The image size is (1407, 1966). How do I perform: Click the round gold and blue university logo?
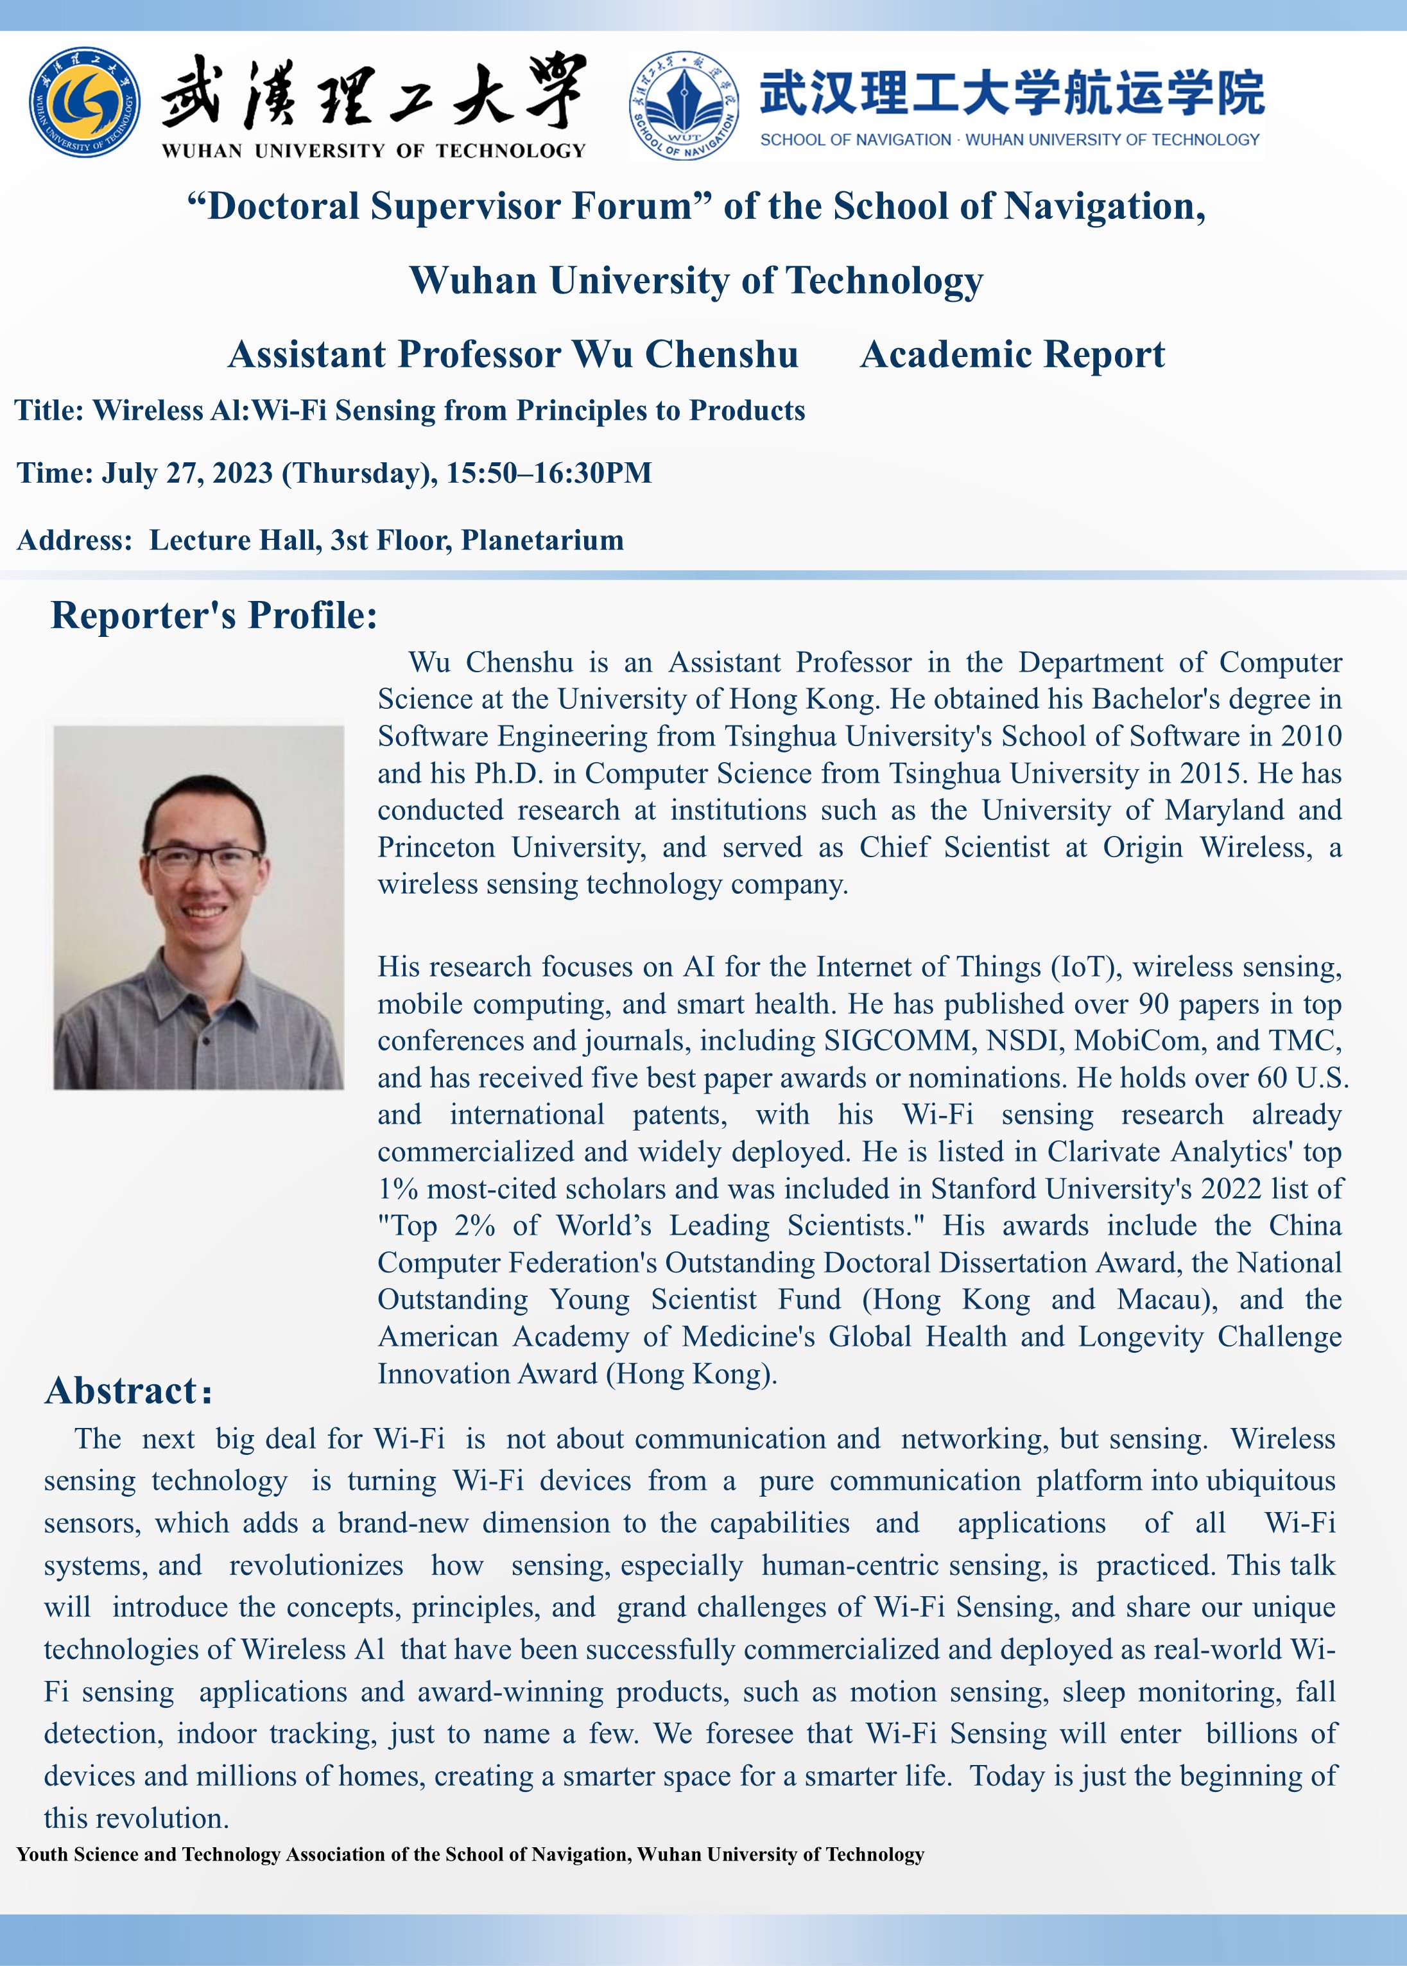[84, 102]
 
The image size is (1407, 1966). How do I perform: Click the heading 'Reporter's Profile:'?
[214, 615]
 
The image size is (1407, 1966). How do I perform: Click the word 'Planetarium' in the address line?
[542, 540]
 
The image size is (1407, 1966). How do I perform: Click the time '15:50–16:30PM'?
[548, 473]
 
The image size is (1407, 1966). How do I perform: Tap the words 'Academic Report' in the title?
[1012, 354]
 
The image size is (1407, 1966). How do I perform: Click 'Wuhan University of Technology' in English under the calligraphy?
[374, 151]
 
